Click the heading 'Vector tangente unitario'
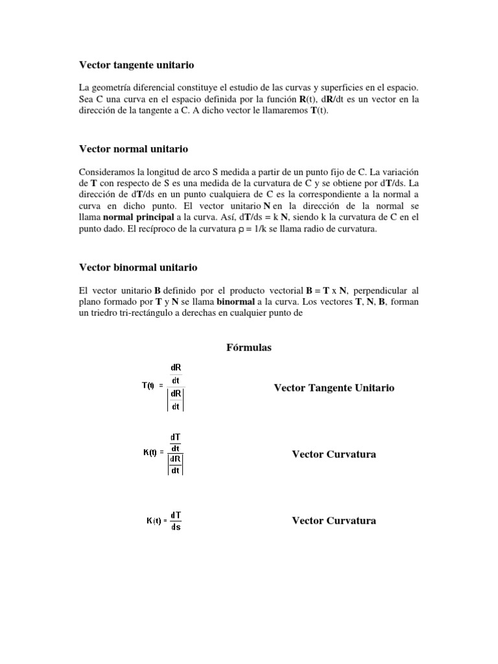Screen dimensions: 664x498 coord(136,65)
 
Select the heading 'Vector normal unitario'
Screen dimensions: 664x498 coord(133,149)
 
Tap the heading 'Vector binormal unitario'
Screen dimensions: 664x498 coord(138,267)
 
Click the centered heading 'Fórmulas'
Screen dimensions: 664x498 coord(248,348)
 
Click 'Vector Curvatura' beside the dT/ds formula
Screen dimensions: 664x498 coord(334,521)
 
